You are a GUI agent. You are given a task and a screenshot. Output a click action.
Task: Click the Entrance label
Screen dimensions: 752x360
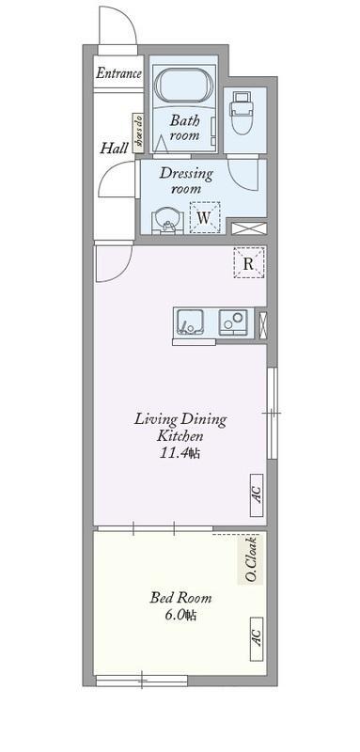click(x=118, y=73)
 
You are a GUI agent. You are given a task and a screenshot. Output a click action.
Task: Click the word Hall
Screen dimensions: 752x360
click(x=115, y=148)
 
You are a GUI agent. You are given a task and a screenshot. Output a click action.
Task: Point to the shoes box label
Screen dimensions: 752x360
click(x=137, y=133)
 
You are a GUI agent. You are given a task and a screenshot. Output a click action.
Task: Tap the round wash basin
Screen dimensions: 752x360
click(x=168, y=219)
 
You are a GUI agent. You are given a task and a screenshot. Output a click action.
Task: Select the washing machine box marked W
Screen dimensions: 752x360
click(x=205, y=216)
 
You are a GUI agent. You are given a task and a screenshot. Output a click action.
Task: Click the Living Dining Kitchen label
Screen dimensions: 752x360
click(x=180, y=428)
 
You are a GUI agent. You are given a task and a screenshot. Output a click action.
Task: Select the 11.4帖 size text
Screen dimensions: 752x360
click(x=180, y=455)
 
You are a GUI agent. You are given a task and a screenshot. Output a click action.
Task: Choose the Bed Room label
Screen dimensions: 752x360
click(x=180, y=598)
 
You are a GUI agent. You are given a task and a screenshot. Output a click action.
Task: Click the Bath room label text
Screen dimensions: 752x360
click(x=184, y=128)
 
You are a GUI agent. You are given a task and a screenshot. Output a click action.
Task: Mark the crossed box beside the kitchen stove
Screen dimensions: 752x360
click(x=261, y=322)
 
